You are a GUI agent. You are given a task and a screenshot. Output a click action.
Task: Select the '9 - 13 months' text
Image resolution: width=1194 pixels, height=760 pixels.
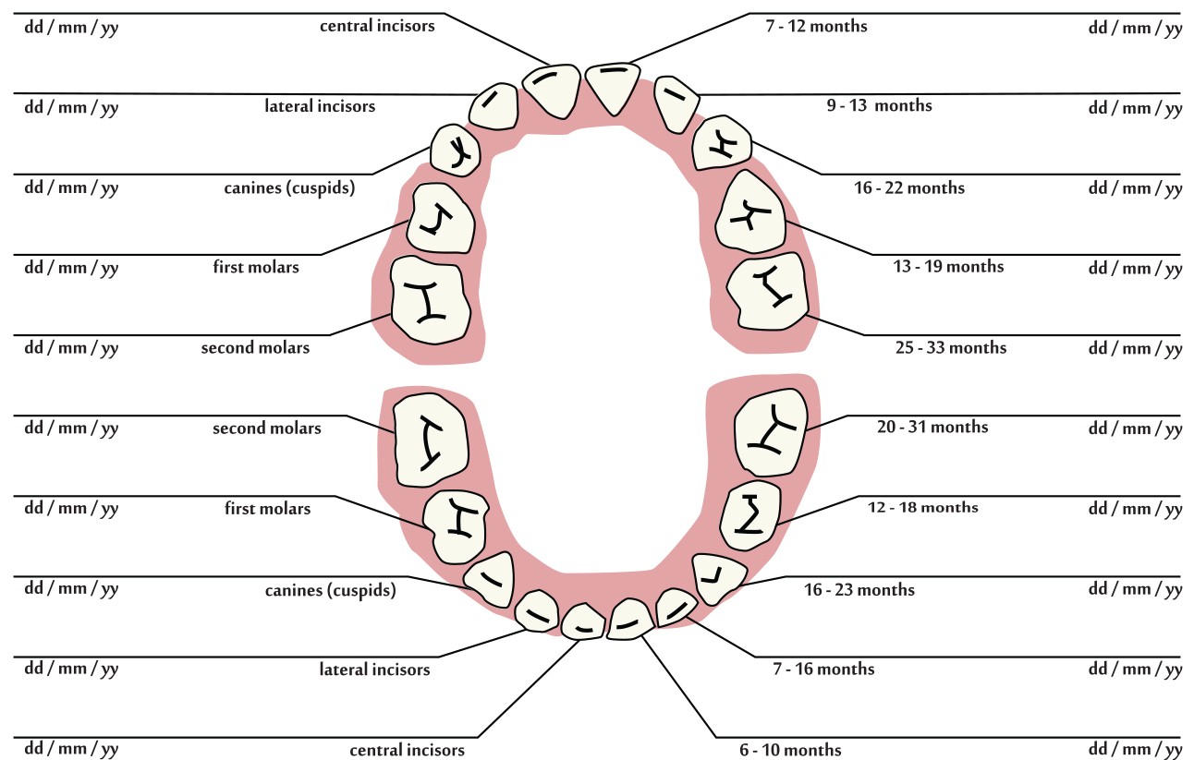879,105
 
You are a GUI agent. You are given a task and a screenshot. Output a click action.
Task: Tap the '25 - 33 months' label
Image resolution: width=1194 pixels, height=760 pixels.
950,348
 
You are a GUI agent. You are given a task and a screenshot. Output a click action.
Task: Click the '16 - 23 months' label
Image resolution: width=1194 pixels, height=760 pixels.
859,590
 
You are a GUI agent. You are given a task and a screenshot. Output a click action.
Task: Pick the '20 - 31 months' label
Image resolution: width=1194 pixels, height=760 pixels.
932,427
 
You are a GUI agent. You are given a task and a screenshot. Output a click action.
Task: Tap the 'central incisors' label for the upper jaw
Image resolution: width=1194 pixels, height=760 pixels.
377,26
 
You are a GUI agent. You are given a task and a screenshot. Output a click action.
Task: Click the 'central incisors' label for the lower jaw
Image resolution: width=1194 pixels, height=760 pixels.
407,749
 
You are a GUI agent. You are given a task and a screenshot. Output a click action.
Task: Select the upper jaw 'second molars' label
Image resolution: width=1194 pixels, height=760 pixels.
255,348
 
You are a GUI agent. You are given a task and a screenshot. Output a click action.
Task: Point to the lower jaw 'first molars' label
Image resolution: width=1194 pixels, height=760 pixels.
267,509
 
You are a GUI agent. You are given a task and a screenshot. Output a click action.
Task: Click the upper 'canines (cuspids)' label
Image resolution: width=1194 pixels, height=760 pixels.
289,188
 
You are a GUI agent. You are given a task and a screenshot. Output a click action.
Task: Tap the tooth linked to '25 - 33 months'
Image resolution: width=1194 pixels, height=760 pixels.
769,291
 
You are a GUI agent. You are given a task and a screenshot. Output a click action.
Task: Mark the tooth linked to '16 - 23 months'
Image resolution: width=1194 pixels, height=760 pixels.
717,574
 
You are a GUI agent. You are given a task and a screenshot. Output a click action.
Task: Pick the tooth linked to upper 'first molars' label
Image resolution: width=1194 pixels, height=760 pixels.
441,219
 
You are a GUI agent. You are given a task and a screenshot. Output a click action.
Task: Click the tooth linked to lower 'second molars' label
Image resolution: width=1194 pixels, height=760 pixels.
428,438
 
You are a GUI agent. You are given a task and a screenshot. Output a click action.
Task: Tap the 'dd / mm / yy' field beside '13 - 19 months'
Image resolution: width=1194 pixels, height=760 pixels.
1135,269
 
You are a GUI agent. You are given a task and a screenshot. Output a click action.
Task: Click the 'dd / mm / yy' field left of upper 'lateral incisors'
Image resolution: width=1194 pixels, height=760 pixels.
71,107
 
